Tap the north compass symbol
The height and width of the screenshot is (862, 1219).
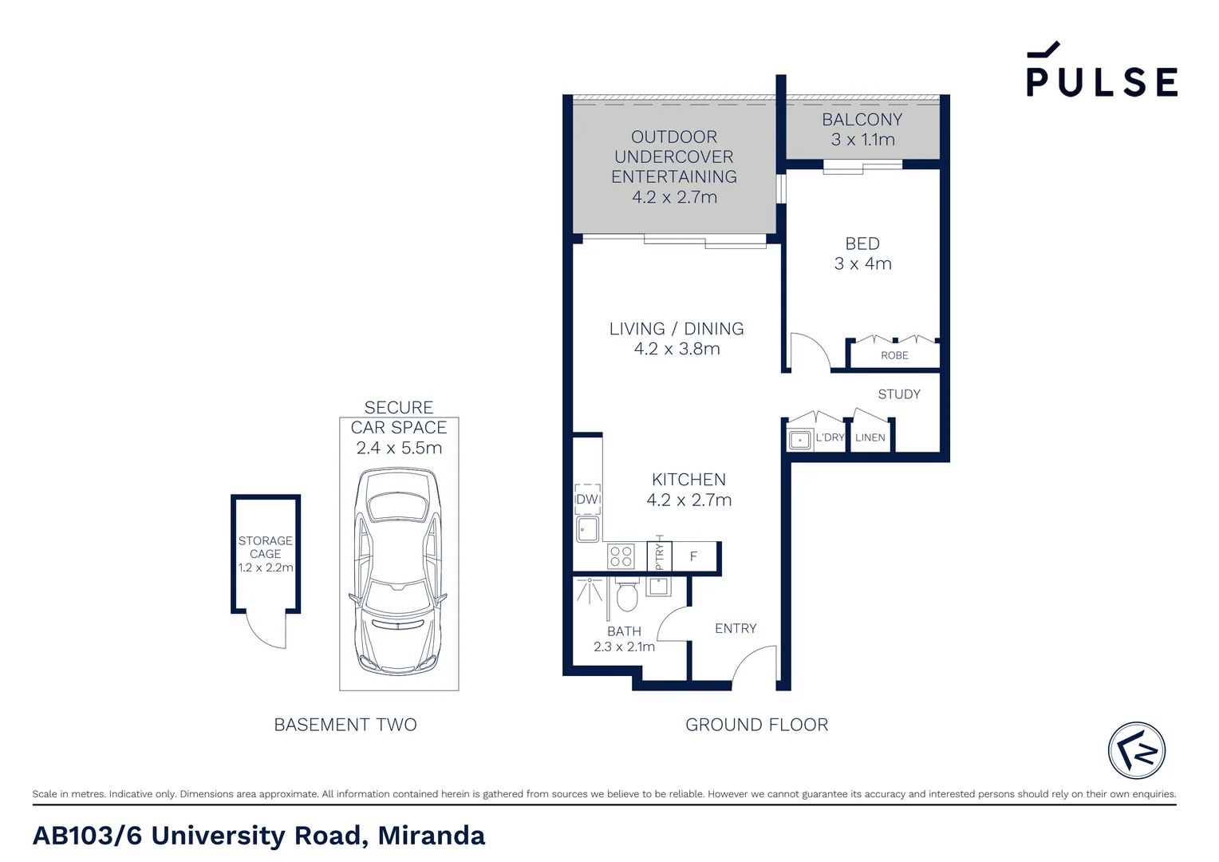[1137, 750]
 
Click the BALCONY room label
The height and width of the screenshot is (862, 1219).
[862, 119]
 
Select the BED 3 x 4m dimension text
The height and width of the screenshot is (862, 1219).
[863, 263]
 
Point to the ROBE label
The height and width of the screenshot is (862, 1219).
[894, 356]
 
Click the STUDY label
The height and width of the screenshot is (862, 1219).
[899, 394]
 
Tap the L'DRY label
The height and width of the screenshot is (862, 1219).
[830, 437]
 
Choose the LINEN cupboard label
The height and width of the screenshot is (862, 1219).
[870, 437]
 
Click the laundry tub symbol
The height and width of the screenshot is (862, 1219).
[799, 440]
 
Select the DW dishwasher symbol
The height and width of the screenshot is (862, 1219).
[588, 500]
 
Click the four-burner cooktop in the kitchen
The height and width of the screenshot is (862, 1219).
[621, 556]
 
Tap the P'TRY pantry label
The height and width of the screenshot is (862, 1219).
[660, 556]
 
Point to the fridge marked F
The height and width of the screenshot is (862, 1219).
[694, 556]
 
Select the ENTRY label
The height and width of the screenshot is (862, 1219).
[736, 628]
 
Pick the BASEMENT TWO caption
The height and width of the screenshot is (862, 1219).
[345, 725]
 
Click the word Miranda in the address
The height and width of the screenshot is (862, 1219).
[431, 836]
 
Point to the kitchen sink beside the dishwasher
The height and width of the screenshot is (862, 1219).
[588, 528]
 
